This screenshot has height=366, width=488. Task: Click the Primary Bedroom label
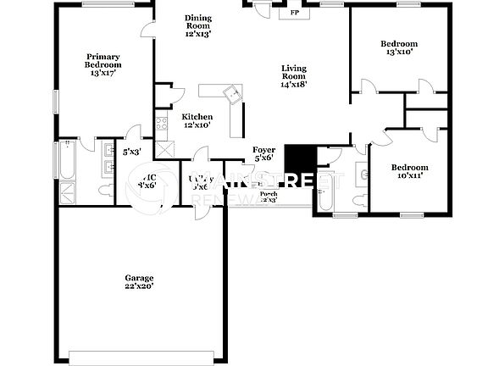coord(103,64)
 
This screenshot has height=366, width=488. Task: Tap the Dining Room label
coord(197,25)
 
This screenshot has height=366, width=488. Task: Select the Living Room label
coord(294,76)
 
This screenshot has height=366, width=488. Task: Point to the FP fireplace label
coord(294,14)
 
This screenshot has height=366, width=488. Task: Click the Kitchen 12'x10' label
coord(197,121)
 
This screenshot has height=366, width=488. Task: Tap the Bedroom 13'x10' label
coord(398,48)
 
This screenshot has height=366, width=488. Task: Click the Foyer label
coord(263,153)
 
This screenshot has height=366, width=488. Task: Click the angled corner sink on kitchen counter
coord(228,93)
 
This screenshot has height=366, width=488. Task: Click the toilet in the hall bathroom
coord(323,196)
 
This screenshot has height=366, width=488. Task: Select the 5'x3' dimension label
coord(131,152)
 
